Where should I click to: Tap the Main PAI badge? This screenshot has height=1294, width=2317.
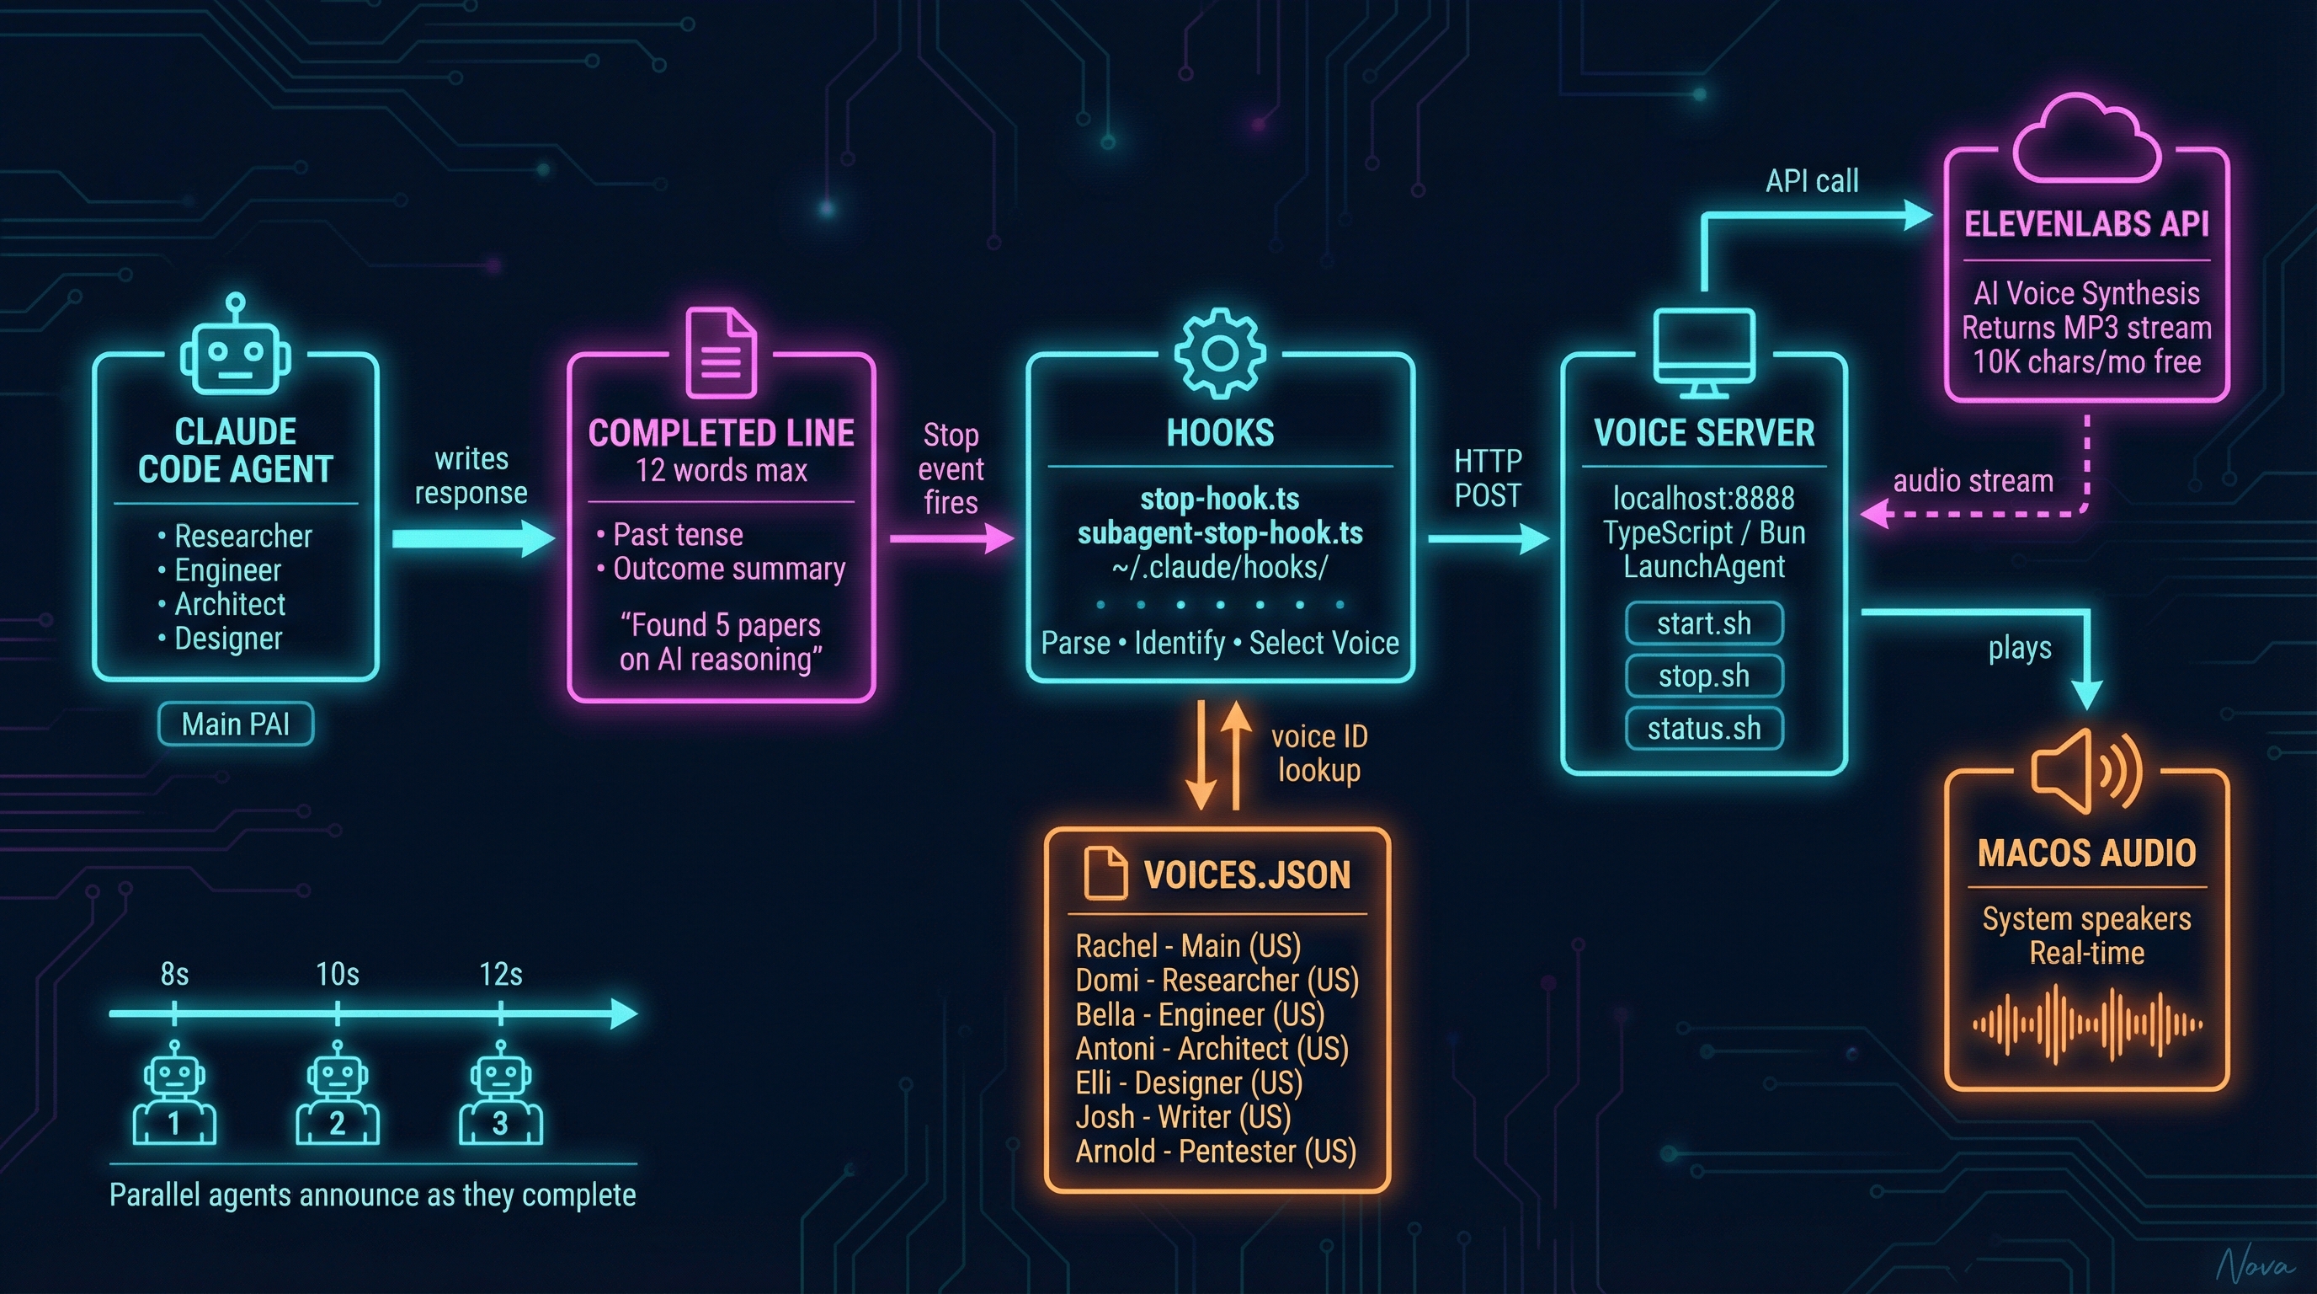(236, 725)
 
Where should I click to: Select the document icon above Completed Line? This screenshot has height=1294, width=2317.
(722, 352)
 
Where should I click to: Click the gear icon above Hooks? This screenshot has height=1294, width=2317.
(1220, 353)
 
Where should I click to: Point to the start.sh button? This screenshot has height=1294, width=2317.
(1703, 623)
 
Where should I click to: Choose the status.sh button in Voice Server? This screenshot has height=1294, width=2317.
(1703, 728)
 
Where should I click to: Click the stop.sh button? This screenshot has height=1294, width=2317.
(1703, 676)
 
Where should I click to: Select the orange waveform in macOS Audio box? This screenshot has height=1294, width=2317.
(2087, 1024)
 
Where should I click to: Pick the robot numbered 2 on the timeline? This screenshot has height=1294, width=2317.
(338, 1093)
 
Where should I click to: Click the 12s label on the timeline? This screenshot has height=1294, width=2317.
(500, 975)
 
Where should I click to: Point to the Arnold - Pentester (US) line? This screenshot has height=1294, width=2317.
(1216, 1152)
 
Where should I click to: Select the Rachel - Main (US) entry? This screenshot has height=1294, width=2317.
(1188, 947)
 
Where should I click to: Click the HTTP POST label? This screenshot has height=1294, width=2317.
(1488, 478)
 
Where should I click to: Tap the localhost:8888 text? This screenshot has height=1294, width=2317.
(1703, 498)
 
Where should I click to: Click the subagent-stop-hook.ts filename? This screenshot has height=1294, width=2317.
(1220, 532)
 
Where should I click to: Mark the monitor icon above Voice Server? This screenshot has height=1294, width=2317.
(1703, 352)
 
